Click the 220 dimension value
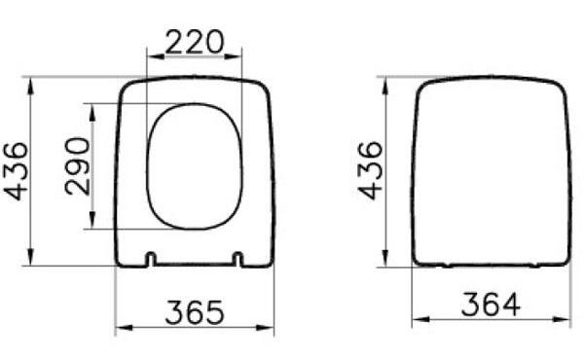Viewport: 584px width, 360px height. (x=194, y=42)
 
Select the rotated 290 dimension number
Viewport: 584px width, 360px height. (x=78, y=165)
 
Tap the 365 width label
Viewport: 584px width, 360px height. (x=194, y=312)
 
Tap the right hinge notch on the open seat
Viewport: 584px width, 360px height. (x=237, y=259)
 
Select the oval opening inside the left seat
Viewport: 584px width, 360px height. (x=194, y=166)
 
